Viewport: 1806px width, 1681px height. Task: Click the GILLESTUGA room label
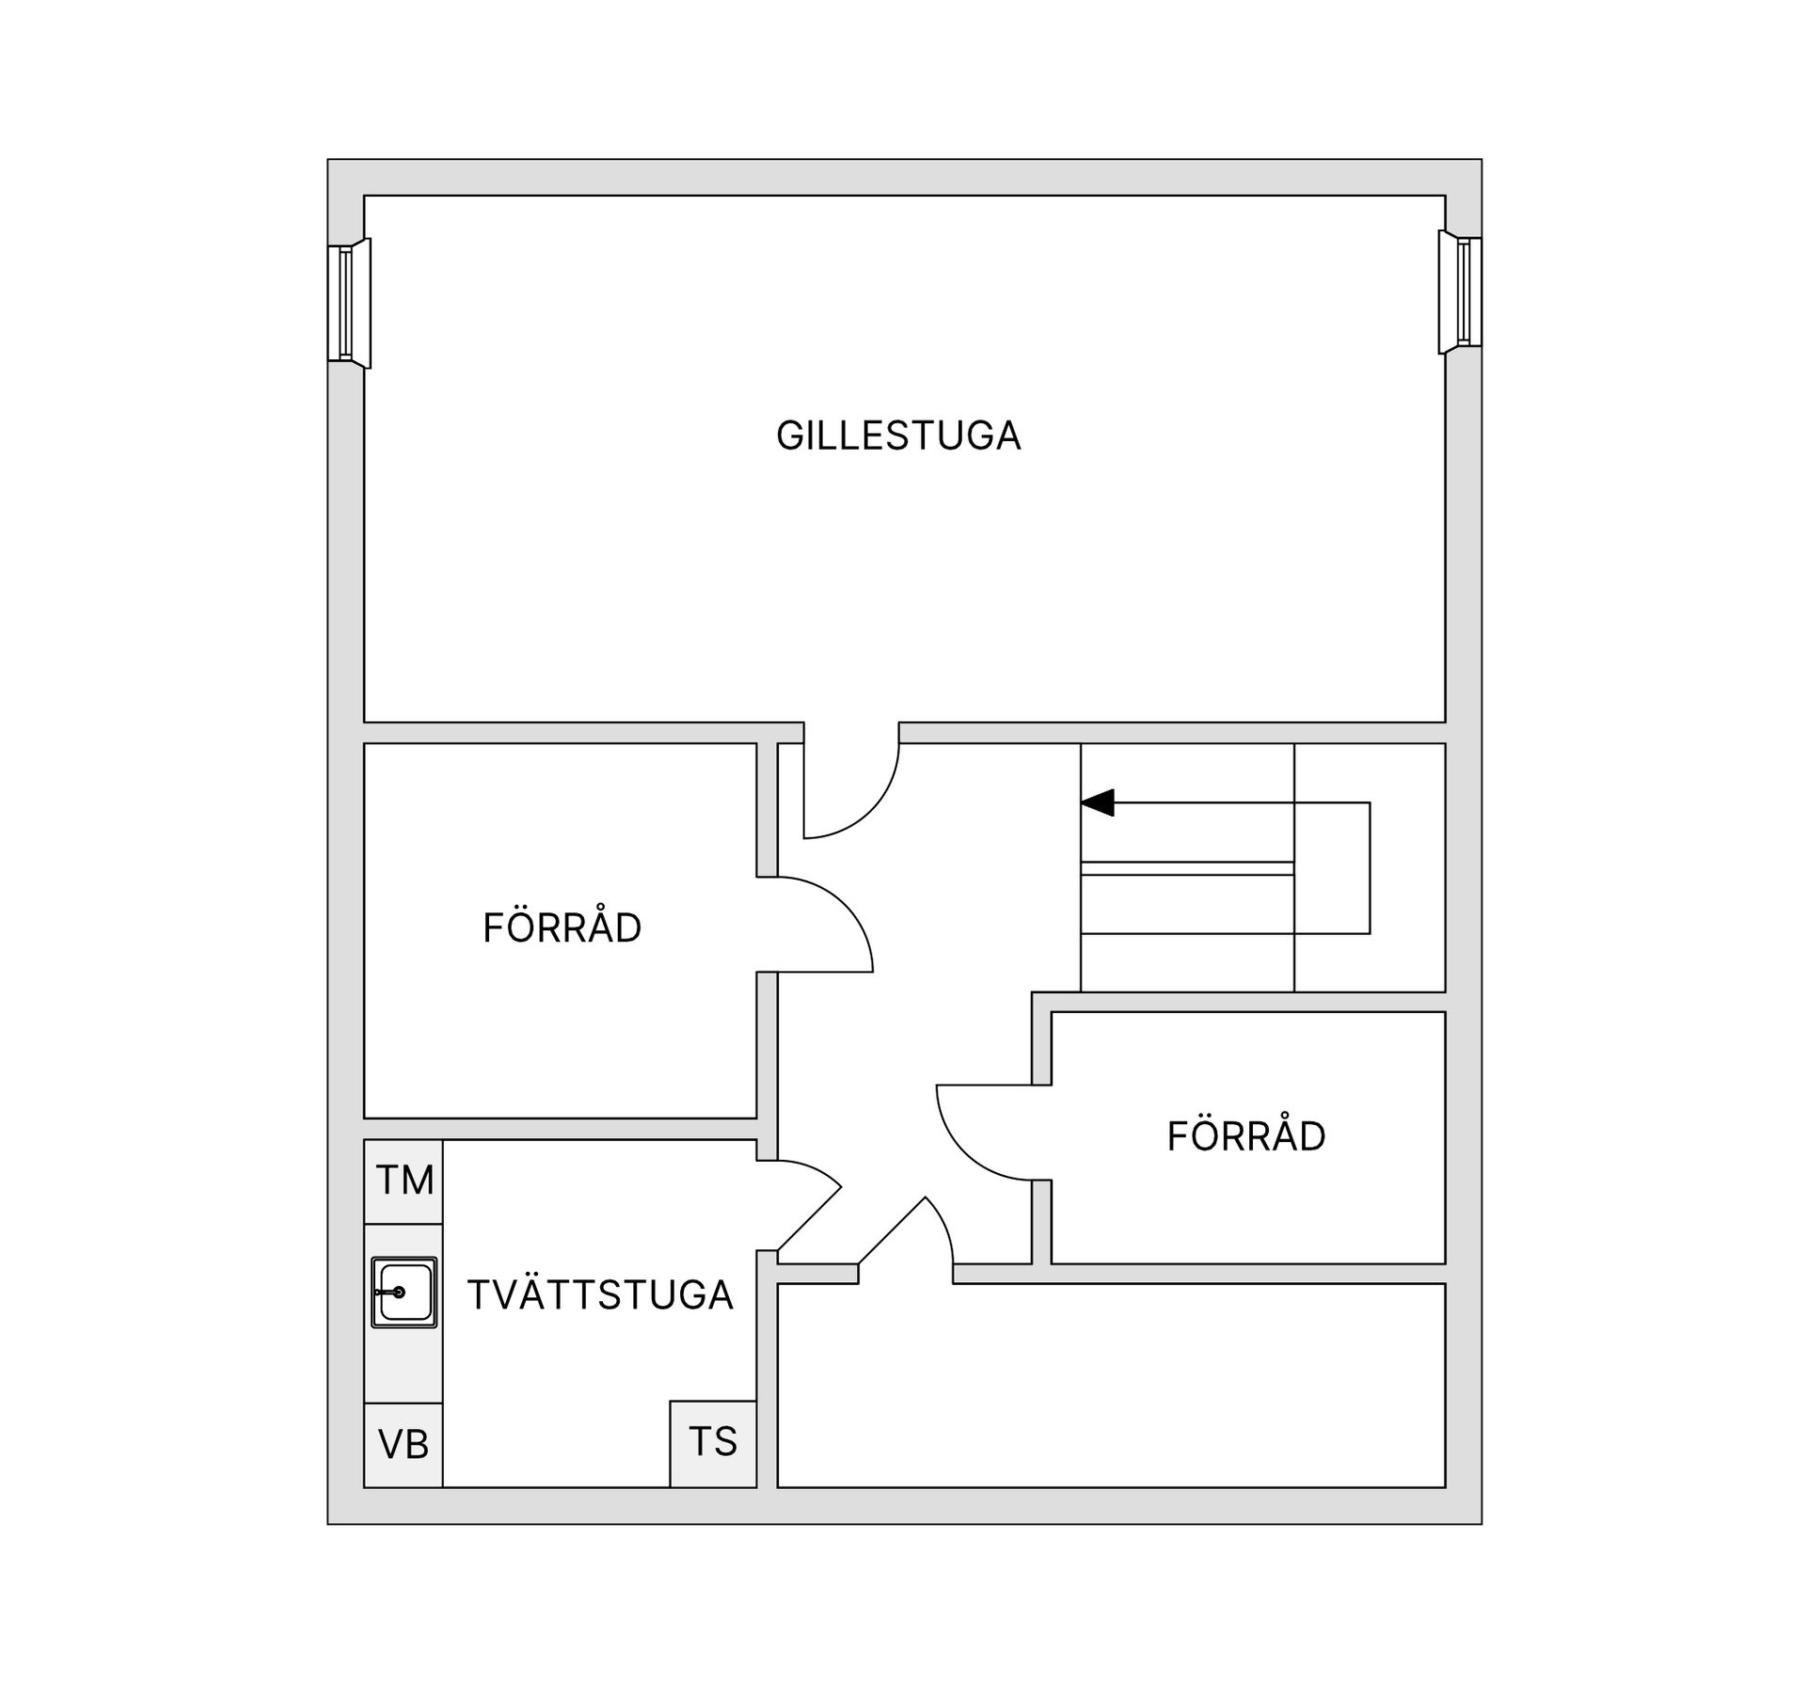click(x=898, y=436)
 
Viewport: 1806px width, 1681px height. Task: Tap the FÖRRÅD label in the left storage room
click(x=562, y=928)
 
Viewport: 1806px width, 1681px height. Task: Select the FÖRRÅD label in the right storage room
click(x=1246, y=1135)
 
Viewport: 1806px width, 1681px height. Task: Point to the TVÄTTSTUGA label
click(x=600, y=1295)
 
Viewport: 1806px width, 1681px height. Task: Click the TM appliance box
click(x=404, y=1181)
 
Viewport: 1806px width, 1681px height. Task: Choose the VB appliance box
click(x=404, y=1444)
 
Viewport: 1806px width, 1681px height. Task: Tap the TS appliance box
click(x=713, y=1444)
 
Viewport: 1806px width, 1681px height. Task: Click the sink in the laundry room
click(x=404, y=1292)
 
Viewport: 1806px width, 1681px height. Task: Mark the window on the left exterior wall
click(x=349, y=303)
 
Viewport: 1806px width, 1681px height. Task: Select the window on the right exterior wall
click(x=1460, y=292)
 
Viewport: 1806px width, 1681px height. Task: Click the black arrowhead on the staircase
click(x=1098, y=803)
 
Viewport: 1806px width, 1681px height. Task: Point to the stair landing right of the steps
click(x=1370, y=868)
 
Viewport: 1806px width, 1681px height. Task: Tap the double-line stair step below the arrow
click(x=1187, y=868)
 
